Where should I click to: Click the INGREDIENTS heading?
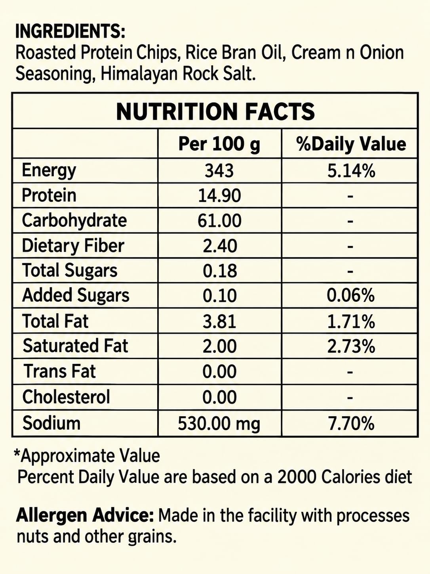click(x=70, y=32)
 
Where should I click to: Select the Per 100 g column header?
click(x=219, y=144)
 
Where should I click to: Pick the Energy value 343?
click(x=219, y=171)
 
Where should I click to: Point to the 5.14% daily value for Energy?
click(x=351, y=171)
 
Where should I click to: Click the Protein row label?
click(x=49, y=195)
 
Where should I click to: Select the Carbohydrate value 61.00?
click(x=219, y=221)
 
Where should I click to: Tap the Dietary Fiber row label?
click(x=73, y=246)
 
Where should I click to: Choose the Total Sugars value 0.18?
click(x=220, y=271)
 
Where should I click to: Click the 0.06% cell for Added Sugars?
click(x=351, y=295)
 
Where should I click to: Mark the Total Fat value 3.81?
click(x=220, y=321)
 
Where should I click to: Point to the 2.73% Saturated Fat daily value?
click(x=351, y=346)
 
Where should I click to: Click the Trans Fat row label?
click(x=59, y=371)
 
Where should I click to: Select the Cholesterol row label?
click(x=66, y=397)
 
